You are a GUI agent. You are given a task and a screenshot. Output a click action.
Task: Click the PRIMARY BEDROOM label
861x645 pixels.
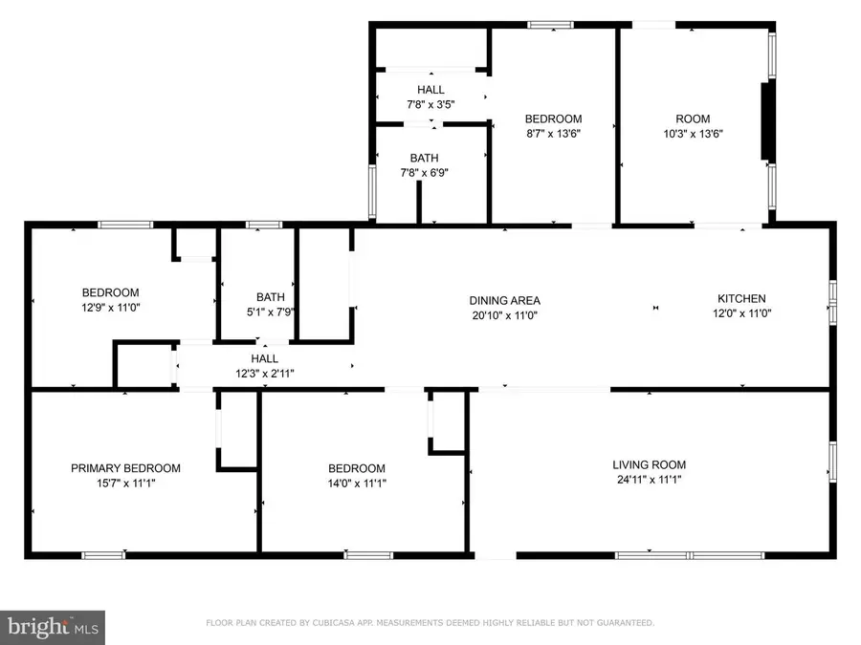125,468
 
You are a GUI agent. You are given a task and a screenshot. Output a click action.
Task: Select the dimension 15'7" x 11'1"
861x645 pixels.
125,483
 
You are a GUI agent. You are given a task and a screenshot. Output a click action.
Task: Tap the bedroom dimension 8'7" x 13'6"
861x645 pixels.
553,134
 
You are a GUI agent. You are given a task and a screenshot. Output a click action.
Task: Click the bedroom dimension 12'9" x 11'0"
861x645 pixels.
110,308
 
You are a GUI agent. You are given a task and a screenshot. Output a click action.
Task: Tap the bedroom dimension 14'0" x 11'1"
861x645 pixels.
357,483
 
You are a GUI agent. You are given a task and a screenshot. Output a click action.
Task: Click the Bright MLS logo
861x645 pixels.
53,628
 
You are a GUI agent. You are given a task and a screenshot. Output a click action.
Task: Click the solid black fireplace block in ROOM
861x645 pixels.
765,121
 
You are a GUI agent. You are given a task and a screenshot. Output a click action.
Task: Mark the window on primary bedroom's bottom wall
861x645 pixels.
102,554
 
